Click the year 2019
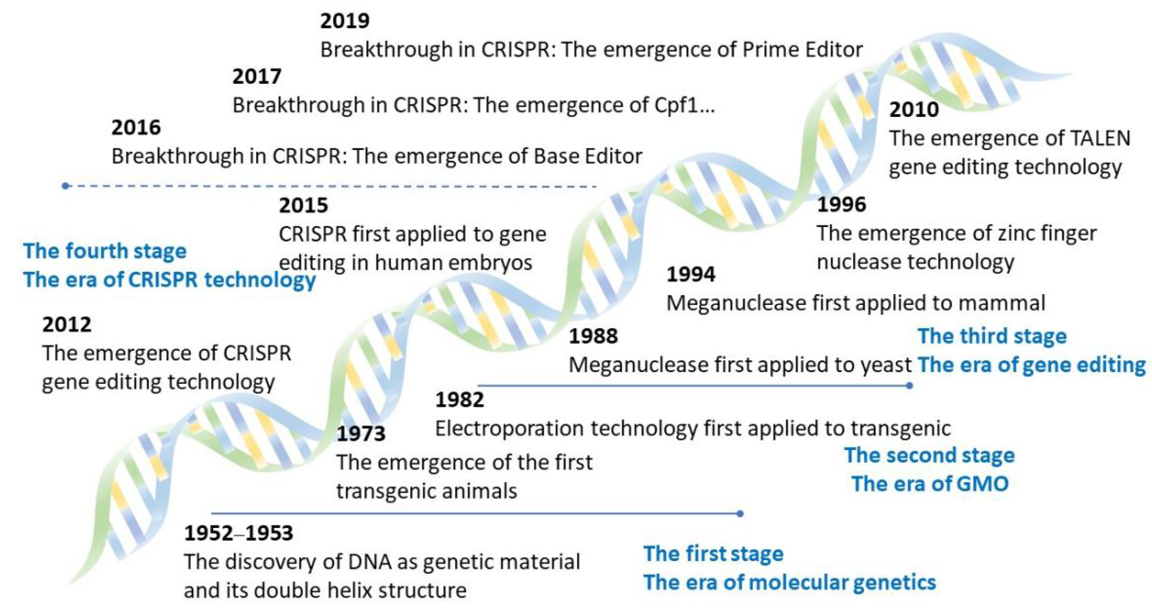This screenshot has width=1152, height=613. pyautogui.click(x=344, y=21)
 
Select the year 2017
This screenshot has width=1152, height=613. pyautogui.click(x=257, y=76)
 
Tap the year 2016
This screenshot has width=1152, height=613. pyautogui.click(x=136, y=128)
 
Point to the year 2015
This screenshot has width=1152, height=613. pyautogui.click(x=303, y=206)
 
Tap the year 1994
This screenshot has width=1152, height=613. pyautogui.click(x=691, y=275)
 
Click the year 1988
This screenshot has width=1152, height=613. pyautogui.click(x=593, y=336)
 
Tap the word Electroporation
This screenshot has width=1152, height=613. pyautogui.click(x=509, y=429)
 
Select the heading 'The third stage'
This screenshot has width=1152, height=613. pyautogui.click(x=992, y=336)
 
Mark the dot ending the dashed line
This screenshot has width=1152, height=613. pyautogui.click(x=65, y=186)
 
